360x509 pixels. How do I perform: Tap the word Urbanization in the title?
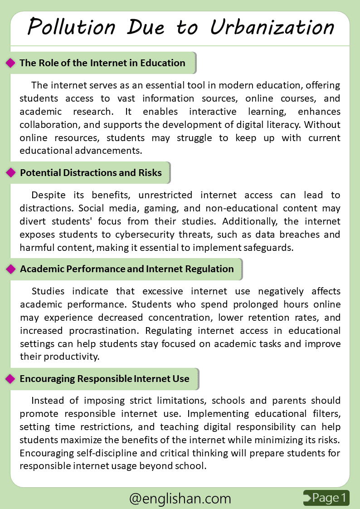coord(272,27)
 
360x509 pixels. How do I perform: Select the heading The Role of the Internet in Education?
coord(102,63)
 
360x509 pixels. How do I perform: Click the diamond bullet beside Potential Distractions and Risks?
coord(10,173)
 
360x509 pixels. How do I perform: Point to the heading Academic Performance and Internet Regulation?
coord(127,269)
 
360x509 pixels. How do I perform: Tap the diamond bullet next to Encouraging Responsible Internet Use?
coord(10,379)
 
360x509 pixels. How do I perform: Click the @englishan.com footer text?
coord(180,499)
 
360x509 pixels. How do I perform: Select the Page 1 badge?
coord(326,498)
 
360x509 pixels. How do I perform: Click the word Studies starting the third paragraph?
coord(48,291)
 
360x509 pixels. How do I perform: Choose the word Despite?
coord(48,195)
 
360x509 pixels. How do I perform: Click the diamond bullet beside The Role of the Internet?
coord(10,63)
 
